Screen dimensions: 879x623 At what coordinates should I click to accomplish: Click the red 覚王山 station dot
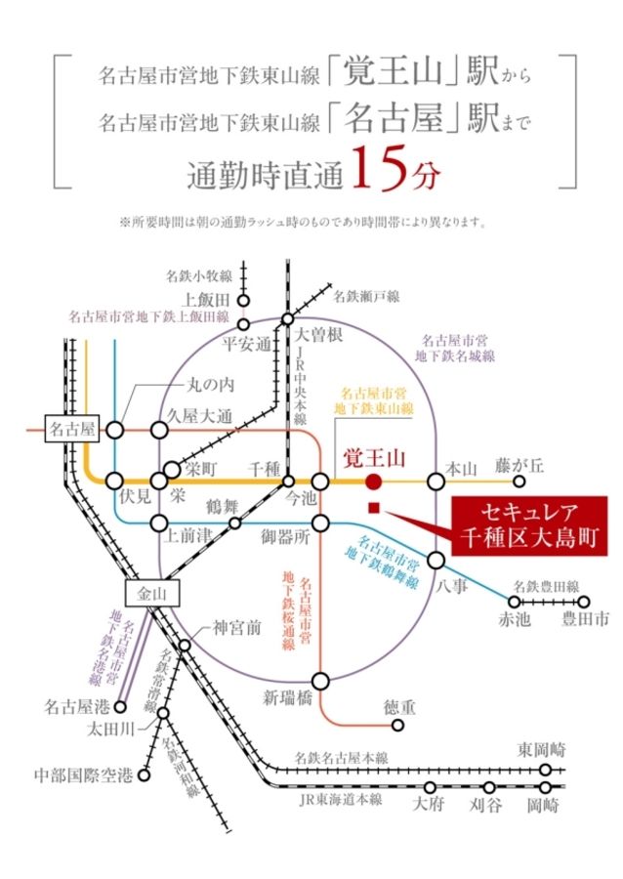[x=374, y=481]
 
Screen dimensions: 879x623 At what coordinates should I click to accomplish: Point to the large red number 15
[x=374, y=169]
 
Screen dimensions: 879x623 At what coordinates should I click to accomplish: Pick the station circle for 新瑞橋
[x=320, y=679]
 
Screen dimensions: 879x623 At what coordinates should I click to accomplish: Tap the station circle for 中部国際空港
[x=144, y=775]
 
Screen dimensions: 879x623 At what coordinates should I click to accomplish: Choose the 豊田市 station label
[x=585, y=619]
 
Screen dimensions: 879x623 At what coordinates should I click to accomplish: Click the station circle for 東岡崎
[x=546, y=769]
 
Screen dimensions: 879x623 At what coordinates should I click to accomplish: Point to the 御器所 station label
[x=284, y=536]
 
